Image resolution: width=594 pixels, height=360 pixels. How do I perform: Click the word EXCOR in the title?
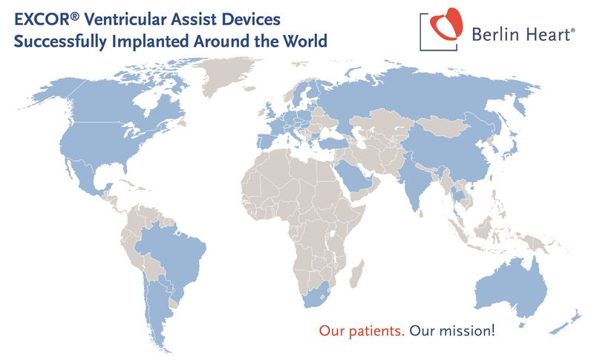pyautogui.click(x=42, y=19)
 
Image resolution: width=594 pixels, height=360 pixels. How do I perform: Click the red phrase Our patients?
pyautogui.click(x=362, y=330)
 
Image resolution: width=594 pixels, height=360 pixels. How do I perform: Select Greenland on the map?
pyautogui.click(x=226, y=76)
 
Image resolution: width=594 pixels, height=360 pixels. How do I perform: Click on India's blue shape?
pyautogui.click(x=415, y=182)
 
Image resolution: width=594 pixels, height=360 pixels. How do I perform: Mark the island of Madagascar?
pyautogui.click(x=357, y=274)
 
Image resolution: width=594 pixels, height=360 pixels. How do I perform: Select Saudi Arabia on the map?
pyautogui.click(x=354, y=177)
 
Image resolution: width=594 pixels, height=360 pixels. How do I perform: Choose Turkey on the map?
pyautogui.click(x=333, y=144)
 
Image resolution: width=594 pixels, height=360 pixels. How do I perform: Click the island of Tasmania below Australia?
pyautogui.click(x=523, y=324)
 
